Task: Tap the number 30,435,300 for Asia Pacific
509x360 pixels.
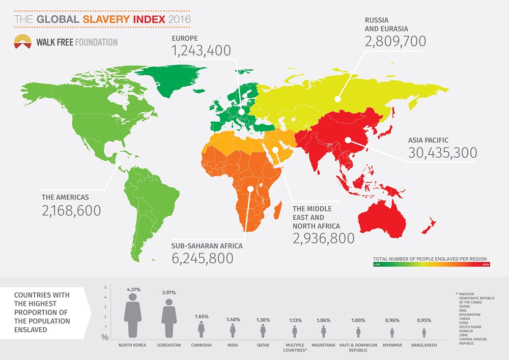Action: [x=442, y=153]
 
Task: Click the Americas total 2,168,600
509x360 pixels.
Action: [x=72, y=210]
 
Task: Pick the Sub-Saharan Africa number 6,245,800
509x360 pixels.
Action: [x=203, y=258]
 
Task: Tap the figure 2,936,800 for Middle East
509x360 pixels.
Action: [x=323, y=238]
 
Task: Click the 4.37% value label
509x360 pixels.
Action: [x=133, y=289]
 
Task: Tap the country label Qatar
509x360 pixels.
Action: [x=263, y=345]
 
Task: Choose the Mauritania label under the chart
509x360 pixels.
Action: [x=324, y=345]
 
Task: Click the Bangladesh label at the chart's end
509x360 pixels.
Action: [x=423, y=345]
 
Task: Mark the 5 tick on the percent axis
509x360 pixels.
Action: [x=105, y=288]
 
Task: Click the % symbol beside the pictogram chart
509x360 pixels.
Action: [x=105, y=337]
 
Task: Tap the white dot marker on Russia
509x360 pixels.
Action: [x=336, y=99]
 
